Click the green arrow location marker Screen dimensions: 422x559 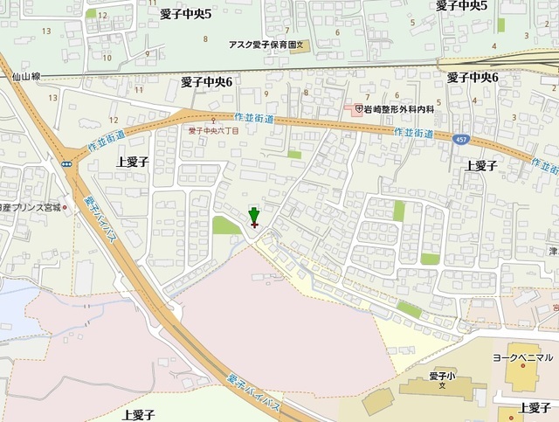click(254, 216)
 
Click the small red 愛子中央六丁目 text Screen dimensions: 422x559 click(214, 129)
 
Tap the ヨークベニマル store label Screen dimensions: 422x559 click(521, 357)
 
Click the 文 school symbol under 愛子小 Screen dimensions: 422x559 click(444, 386)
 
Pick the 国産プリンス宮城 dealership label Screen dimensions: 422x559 click(30, 209)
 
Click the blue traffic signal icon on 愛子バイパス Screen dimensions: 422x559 click(66, 163)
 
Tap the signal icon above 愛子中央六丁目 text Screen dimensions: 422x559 click(213, 120)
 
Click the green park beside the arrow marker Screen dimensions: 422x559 click(226, 225)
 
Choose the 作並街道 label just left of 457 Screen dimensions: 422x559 click(412, 132)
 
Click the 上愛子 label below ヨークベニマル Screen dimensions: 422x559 click(534, 408)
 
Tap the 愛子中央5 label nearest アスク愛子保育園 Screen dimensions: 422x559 click(186, 14)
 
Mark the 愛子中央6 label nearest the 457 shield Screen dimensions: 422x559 click(473, 78)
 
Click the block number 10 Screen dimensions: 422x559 click(107, 58)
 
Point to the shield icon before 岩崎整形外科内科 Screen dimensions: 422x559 click(358, 109)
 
